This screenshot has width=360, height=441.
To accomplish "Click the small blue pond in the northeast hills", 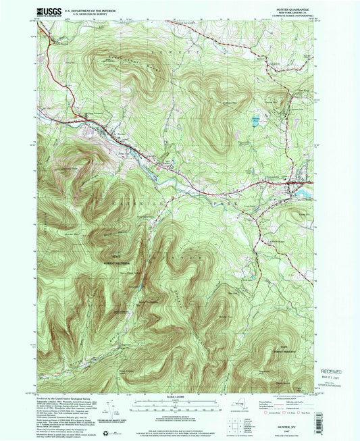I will click(255, 124).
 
